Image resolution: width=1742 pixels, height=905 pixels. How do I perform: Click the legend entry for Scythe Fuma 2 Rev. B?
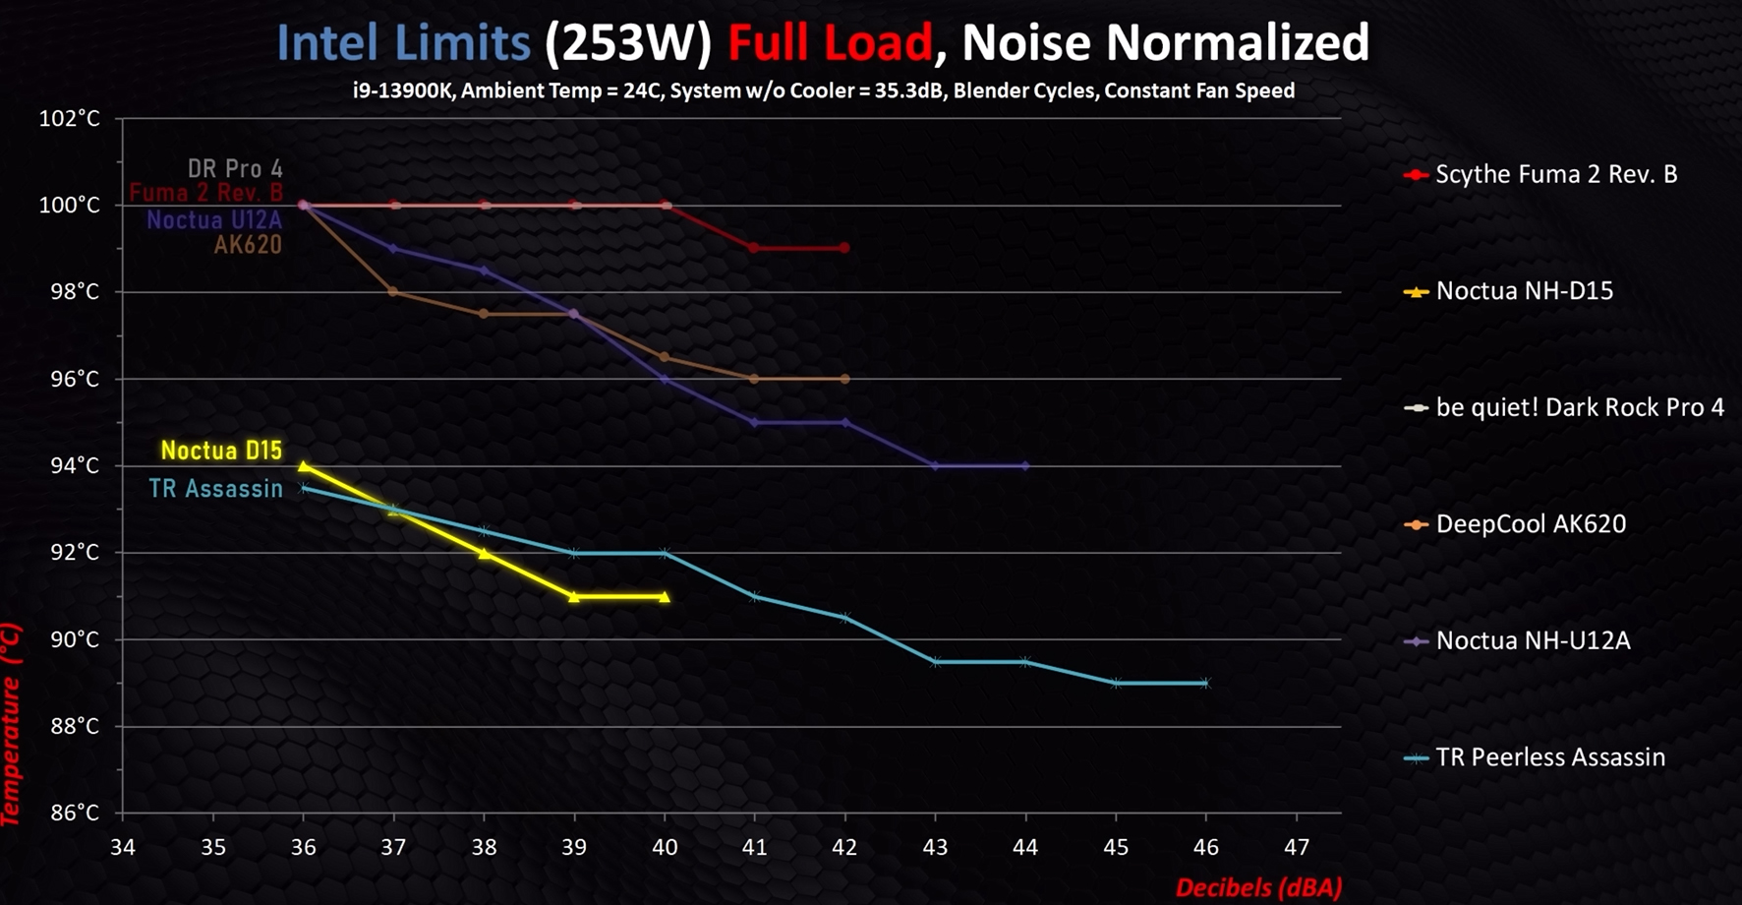1555,175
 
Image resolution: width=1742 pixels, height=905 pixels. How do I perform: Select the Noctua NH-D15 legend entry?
1524,291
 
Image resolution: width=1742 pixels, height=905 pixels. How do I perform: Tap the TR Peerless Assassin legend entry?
1549,757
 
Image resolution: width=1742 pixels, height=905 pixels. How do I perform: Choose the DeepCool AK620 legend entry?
1530,524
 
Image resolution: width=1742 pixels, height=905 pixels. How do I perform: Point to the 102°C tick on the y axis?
69,119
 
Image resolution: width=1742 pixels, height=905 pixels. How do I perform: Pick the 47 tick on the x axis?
1297,847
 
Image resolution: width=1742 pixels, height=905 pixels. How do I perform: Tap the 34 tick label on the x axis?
123,847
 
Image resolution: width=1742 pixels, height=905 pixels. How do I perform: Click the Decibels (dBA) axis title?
1258,887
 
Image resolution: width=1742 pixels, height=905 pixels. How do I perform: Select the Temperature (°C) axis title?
11,723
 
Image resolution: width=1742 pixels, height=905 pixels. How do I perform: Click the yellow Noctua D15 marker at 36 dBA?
304,466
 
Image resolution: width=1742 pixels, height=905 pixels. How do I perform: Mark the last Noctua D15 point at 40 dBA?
665,597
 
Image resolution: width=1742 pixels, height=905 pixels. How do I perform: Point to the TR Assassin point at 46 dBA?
1206,683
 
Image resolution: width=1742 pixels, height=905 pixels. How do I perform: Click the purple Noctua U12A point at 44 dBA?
1025,466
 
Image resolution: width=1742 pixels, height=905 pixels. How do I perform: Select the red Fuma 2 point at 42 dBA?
844,248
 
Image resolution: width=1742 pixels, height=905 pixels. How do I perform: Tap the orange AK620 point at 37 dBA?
393,292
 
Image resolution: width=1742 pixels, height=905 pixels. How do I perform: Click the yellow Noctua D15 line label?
221,451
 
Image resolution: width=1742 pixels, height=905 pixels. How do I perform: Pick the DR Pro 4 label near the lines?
235,169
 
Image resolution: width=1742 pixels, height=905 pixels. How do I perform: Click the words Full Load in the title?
829,43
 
